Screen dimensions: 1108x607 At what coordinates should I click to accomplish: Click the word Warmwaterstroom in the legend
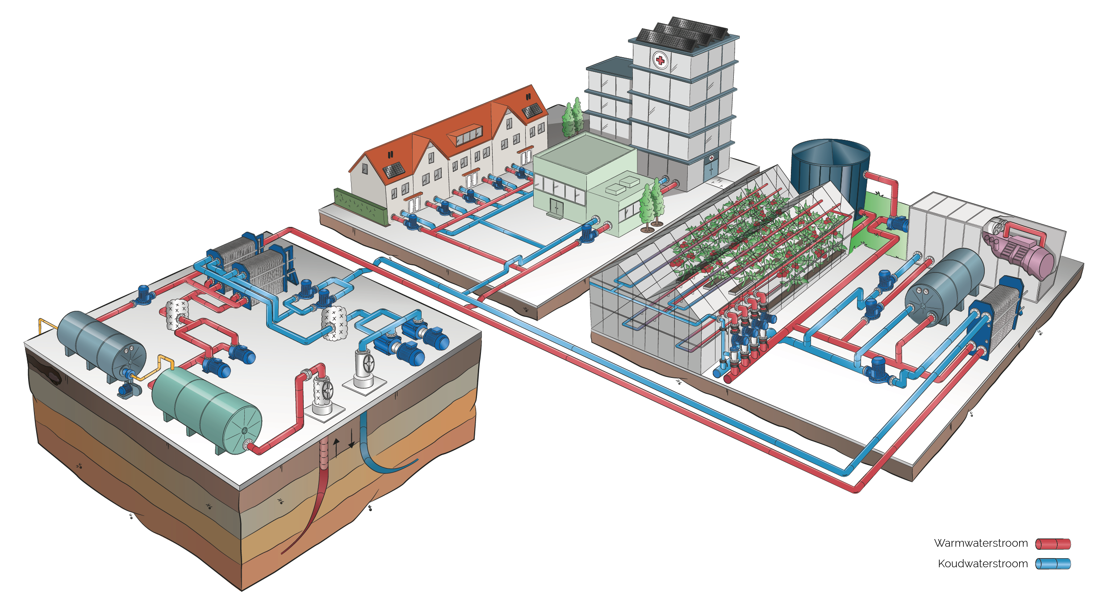click(981, 543)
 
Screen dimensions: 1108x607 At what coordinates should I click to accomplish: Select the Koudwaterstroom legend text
click(983, 564)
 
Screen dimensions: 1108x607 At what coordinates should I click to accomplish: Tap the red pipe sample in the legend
click(1053, 544)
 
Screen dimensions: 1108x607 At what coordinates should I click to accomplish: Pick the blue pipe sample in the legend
click(1053, 564)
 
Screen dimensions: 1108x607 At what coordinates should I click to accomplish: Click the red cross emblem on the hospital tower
click(660, 60)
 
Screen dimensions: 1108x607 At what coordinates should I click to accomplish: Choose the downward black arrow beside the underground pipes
click(351, 438)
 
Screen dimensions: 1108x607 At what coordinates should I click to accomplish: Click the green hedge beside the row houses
click(360, 206)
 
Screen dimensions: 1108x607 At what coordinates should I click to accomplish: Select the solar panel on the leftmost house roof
click(394, 170)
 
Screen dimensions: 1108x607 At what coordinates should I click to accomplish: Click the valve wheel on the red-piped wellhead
click(328, 390)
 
